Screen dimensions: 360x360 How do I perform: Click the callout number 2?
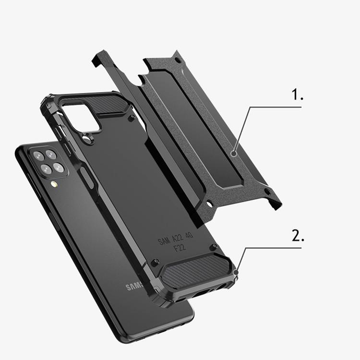point(298,236)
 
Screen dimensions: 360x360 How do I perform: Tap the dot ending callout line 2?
point(236,272)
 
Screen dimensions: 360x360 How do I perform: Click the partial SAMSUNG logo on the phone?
point(134,287)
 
